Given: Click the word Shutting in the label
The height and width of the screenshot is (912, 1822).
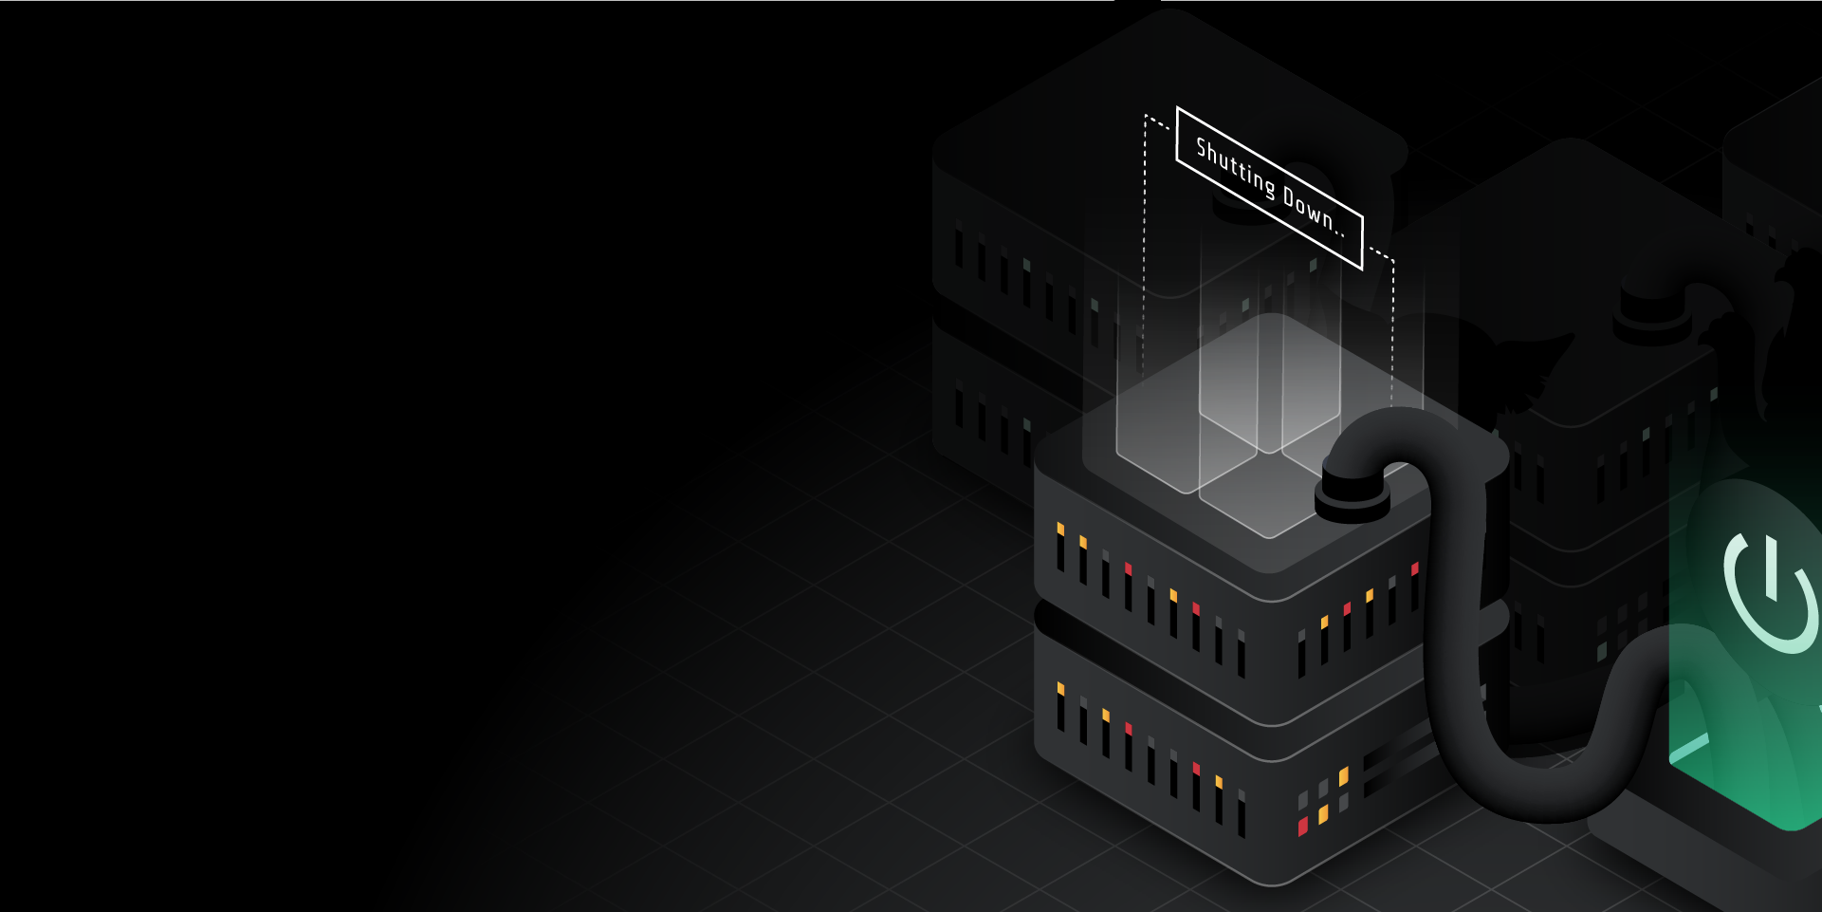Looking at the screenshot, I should pos(1235,167).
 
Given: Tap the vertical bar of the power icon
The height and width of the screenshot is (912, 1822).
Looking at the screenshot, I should pos(1770,568).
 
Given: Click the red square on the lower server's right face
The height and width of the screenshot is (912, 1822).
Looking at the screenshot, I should pos(1303,826).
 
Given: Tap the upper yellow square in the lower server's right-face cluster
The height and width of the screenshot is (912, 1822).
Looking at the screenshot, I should pos(1343,777).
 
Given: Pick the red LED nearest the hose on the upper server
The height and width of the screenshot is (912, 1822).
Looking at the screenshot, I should pos(1415,569).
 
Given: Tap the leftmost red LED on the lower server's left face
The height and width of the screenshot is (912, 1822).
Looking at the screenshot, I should pos(1128,729).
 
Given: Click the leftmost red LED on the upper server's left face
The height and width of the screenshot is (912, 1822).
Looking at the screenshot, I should pos(1128,568).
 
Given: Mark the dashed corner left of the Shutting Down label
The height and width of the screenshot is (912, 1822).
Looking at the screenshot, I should pos(1147,118).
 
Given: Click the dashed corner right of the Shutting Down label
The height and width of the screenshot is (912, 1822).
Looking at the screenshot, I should pos(1391,259).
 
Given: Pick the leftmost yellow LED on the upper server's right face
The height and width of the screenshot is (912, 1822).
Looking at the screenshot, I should pos(1325,623).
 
